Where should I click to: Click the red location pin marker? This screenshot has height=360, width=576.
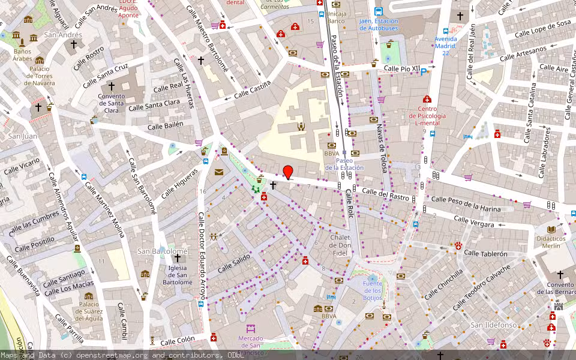pos(288,172)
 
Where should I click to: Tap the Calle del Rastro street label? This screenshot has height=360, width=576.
pos(385,194)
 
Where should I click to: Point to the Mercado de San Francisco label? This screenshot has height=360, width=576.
pos(250,341)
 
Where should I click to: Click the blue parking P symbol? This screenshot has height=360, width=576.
pos(424,72)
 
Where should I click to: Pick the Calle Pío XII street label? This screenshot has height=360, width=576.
pos(401,69)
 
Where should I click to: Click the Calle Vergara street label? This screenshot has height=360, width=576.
pos(474,222)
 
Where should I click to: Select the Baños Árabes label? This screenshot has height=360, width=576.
pos(22,55)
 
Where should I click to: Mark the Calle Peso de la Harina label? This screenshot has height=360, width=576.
pos(466,203)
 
